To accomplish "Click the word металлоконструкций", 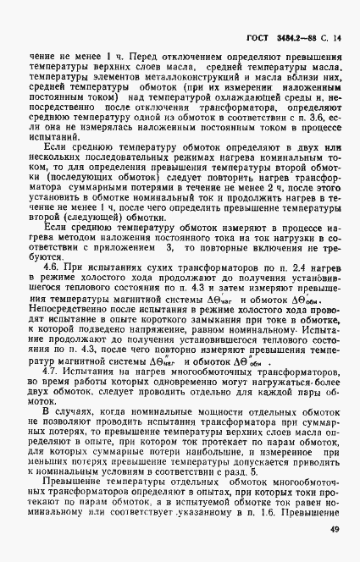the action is [x=186, y=99].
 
